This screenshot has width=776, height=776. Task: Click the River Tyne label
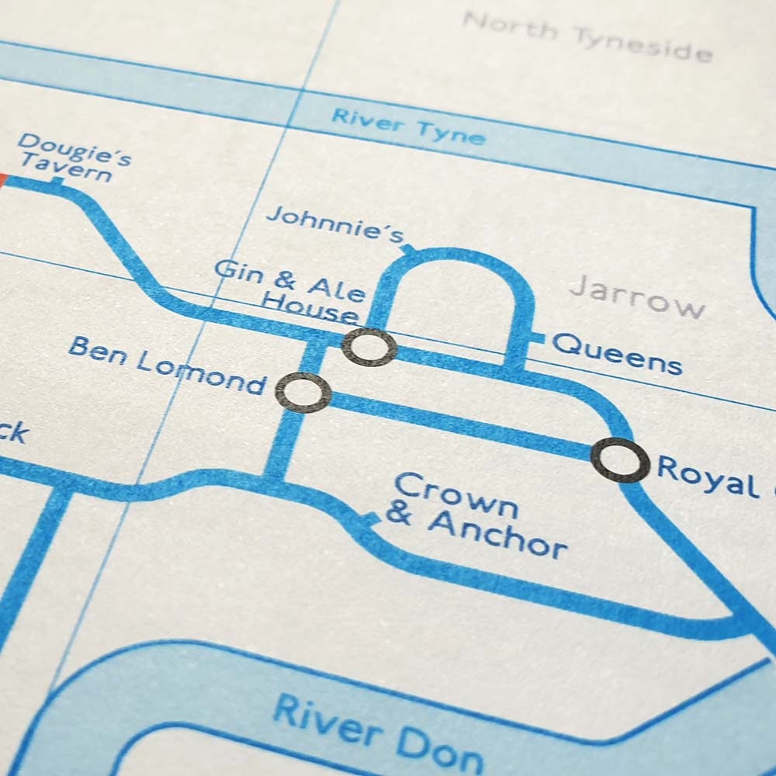pyautogui.click(x=408, y=126)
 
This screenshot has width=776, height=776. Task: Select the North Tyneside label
pyautogui.click(x=587, y=35)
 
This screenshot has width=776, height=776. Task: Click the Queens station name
pyautogui.click(x=618, y=353)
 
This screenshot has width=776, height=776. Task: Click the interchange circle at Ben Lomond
pyautogui.click(x=303, y=392)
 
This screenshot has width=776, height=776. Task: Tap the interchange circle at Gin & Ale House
pyautogui.click(x=369, y=347)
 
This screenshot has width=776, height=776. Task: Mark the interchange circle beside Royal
pyautogui.click(x=619, y=459)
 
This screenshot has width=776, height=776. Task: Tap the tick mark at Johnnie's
pyautogui.click(x=408, y=249)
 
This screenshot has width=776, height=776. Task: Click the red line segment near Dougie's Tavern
pyautogui.click(x=2, y=179)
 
